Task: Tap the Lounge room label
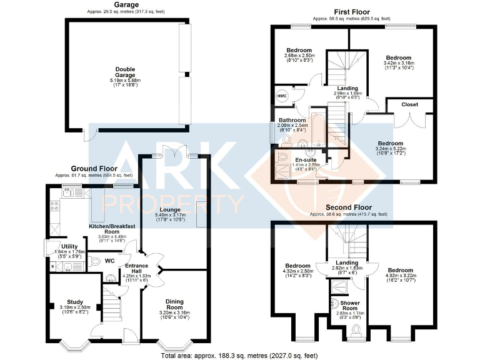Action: point(169,209)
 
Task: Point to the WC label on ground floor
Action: point(109,261)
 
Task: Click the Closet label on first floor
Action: point(409,104)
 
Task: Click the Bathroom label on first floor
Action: point(292,120)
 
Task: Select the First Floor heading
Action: point(352,12)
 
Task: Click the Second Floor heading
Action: point(349,207)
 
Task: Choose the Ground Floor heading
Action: point(94,169)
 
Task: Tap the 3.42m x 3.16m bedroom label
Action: point(397,57)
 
